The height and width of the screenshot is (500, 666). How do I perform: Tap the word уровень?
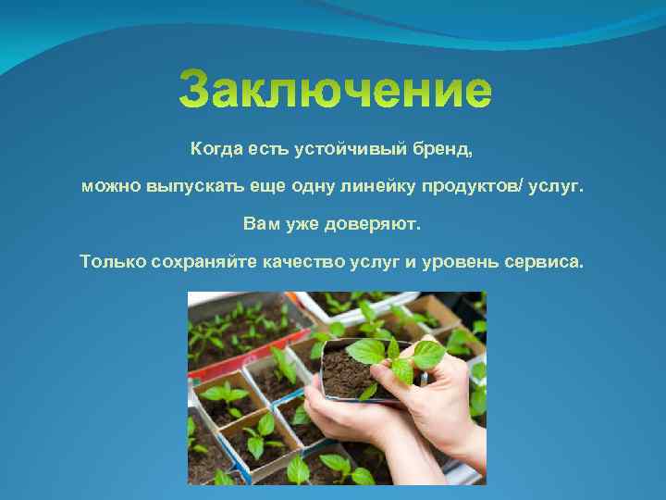pyautogui.click(x=457, y=261)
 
